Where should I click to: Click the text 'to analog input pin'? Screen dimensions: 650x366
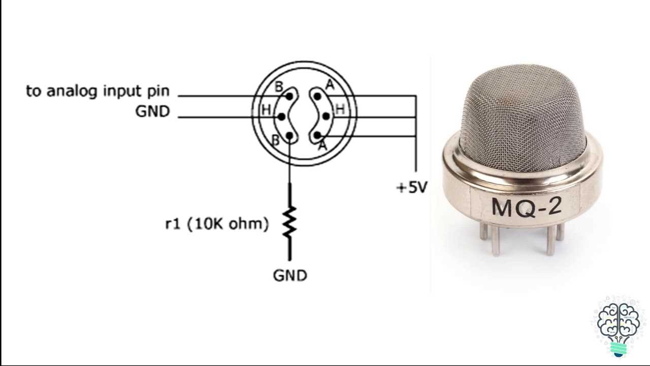pos(98,91)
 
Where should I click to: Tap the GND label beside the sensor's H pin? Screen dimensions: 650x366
pos(153,111)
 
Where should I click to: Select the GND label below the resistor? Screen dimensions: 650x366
pos(290,276)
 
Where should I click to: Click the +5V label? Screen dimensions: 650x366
pos(412,188)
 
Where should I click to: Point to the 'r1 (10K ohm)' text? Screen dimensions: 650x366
pos(217,224)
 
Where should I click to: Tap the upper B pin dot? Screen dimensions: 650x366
pos(289,96)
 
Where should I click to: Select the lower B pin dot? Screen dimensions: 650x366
pos(289,135)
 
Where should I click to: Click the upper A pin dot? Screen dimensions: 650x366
pos(317,96)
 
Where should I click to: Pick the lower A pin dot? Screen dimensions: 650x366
pos(317,135)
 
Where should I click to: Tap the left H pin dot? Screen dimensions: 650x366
pos(281,117)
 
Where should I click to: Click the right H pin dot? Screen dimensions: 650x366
pos(326,116)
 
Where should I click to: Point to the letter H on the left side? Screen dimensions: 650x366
pos(266,110)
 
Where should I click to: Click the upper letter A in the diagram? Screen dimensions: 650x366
pos(330,85)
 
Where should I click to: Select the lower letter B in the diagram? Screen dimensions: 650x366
pos(275,141)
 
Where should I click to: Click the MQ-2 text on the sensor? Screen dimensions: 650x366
pos(527,207)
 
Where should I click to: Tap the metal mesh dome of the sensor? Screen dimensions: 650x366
pos(523,116)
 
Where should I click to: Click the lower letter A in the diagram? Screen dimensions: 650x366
pos(322,146)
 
